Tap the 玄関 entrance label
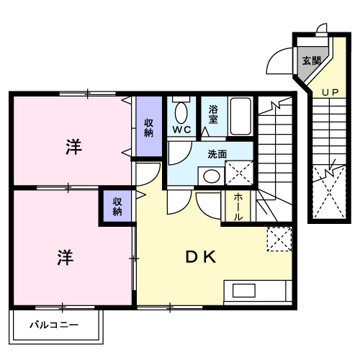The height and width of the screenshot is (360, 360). click(x=311, y=60)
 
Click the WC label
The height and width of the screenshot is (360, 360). click(x=181, y=130)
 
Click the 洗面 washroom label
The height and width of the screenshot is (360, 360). click(x=217, y=153)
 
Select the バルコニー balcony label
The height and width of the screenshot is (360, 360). click(x=54, y=325)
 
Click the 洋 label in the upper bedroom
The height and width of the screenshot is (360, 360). click(x=73, y=147)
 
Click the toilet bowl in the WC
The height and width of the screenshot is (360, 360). click(x=180, y=112)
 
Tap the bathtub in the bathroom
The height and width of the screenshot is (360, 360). click(x=240, y=116)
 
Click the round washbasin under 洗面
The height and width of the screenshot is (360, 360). click(x=211, y=175)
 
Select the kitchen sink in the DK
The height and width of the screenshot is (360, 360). click(x=243, y=291)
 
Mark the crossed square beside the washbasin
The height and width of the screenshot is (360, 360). click(x=238, y=174)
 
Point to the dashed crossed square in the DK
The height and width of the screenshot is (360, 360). click(x=278, y=240)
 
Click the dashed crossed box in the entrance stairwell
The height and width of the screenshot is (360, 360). click(x=330, y=192)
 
